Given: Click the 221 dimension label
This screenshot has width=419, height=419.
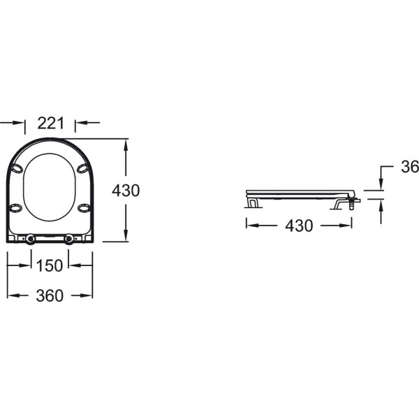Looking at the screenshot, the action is click(x=51, y=123).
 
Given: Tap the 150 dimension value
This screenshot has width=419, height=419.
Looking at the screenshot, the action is click(x=50, y=266).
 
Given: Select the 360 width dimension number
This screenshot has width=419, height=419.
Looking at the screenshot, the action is click(x=50, y=296).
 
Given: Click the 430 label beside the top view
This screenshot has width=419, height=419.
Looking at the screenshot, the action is click(x=126, y=191).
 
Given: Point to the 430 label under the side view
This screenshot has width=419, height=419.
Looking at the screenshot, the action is click(x=299, y=226).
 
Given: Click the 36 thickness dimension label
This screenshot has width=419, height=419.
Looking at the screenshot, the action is click(x=410, y=167).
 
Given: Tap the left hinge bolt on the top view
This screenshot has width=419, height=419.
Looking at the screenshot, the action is click(x=31, y=239).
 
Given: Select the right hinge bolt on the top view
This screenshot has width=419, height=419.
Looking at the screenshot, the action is click(x=69, y=239).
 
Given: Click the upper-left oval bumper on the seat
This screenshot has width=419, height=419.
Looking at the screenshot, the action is click(x=17, y=168).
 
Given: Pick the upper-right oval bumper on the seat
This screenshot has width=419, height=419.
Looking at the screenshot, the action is click(x=83, y=168).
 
